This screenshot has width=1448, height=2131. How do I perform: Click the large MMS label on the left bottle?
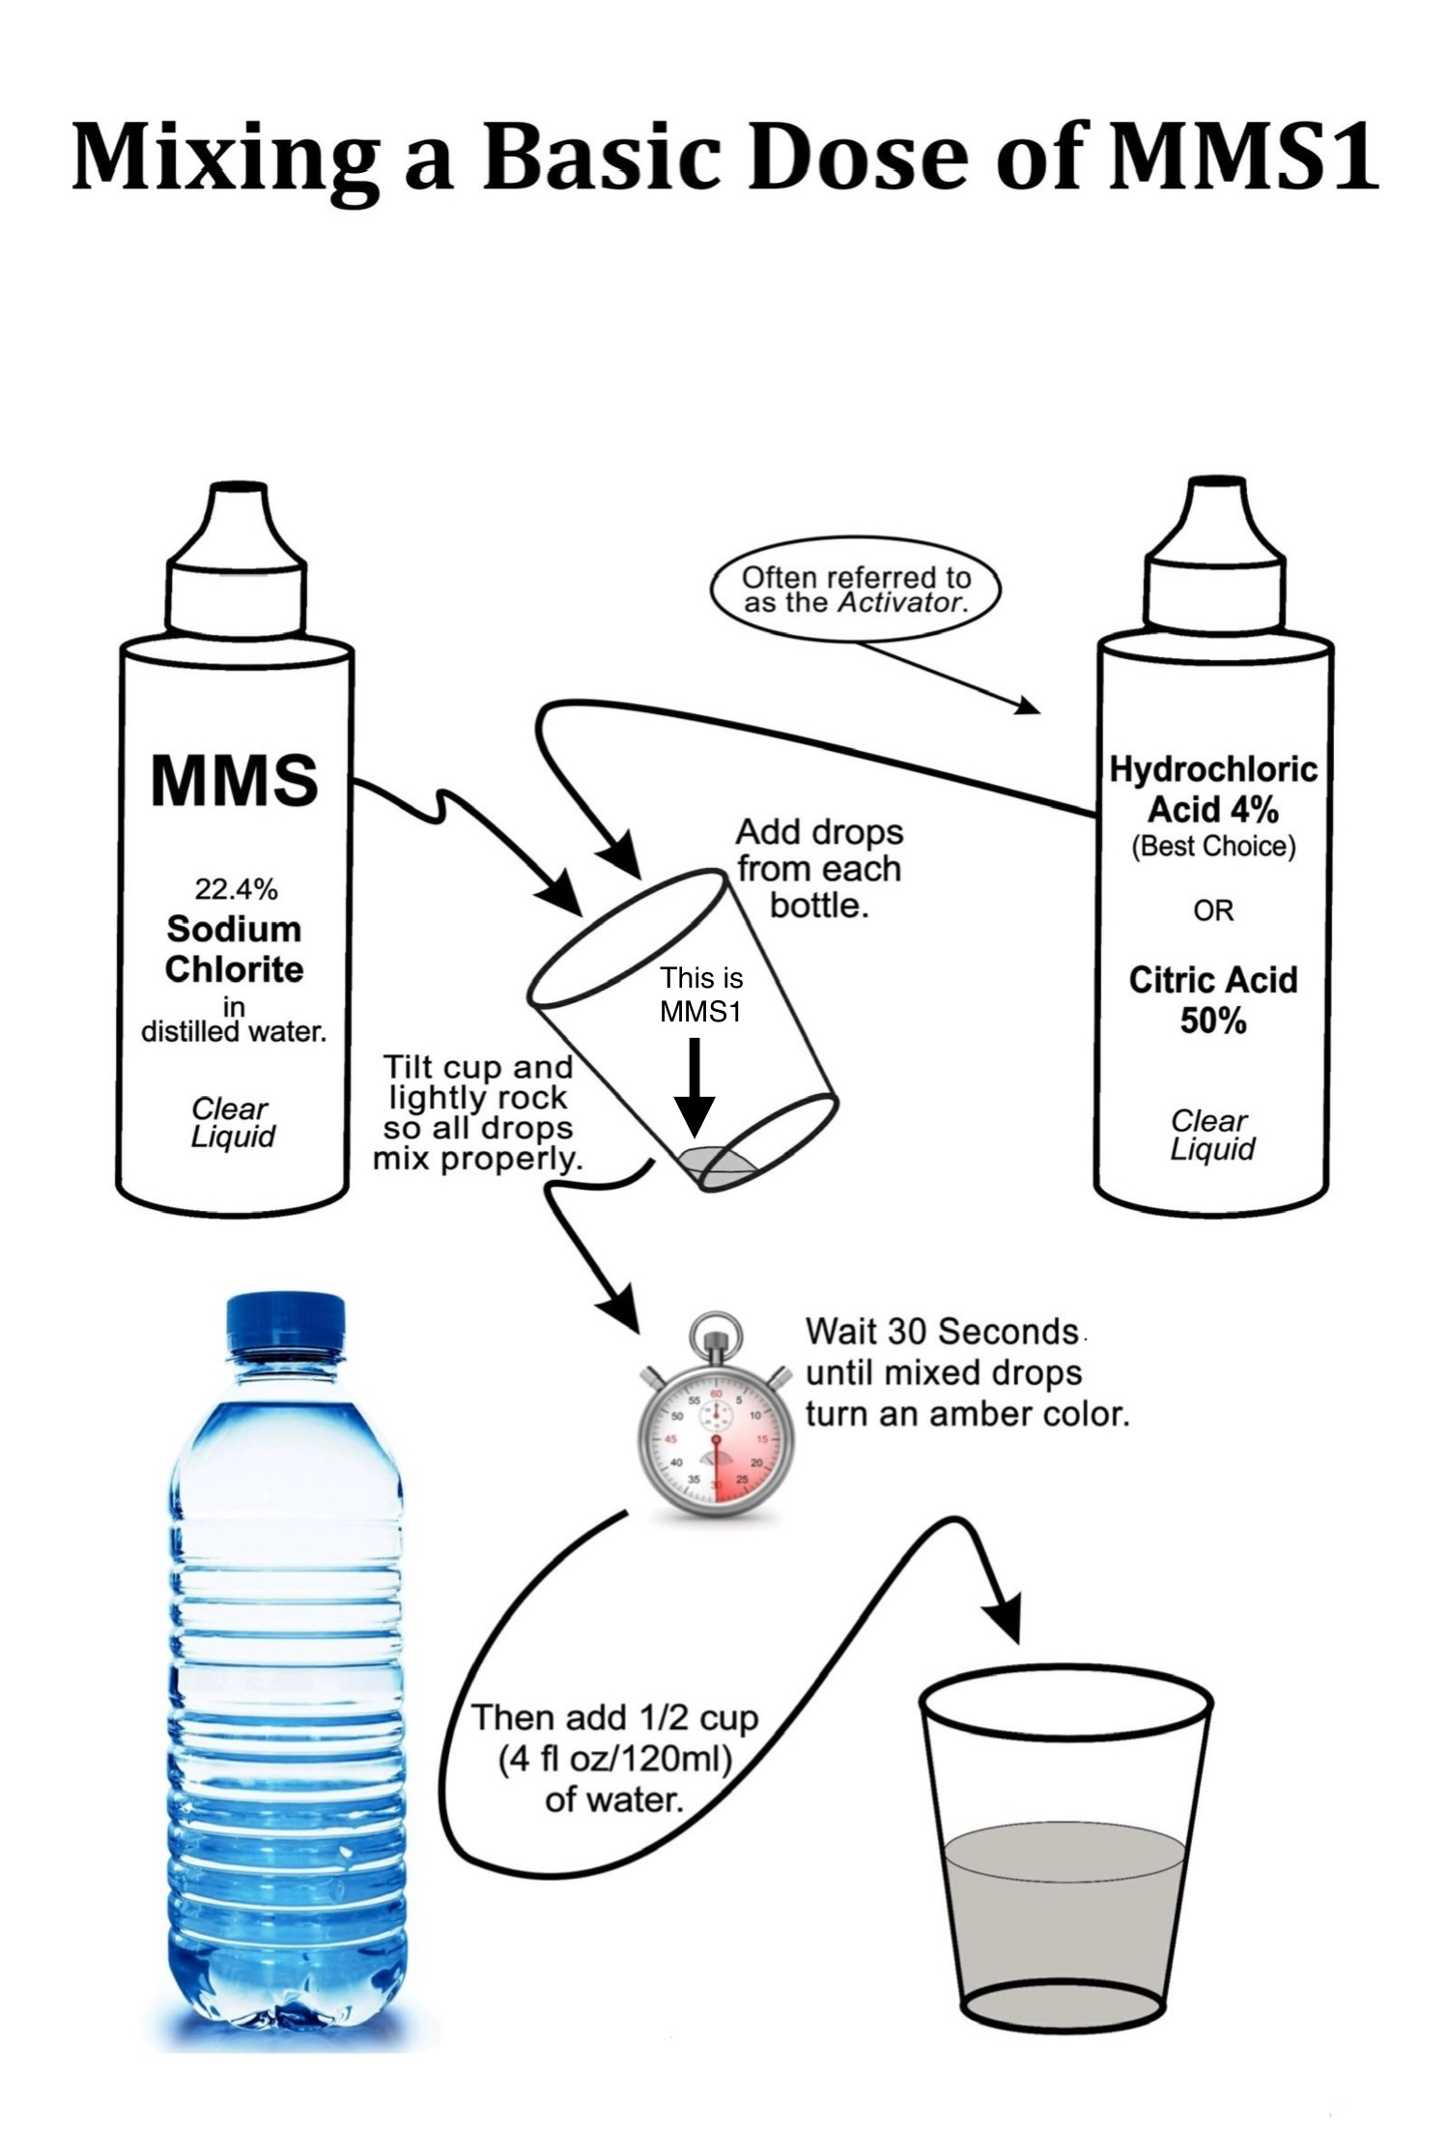[x=235, y=781]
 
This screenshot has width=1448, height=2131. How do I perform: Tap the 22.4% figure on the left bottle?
[x=235, y=886]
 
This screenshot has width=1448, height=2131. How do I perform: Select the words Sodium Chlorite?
[x=235, y=949]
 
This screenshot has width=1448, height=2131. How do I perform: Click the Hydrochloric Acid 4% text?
[x=1212, y=788]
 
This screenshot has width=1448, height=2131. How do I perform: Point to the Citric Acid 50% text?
[x=1212, y=999]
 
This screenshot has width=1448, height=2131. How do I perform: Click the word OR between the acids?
[x=1213, y=910]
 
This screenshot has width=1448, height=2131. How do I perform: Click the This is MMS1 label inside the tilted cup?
[x=701, y=994]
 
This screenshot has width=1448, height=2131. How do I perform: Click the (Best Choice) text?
[x=1213, y=847]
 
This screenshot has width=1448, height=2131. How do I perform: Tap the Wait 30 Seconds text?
[x=942, y=1332]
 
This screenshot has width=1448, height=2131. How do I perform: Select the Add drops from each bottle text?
[x=819, y=868]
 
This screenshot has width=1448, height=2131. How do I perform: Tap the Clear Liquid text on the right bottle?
[x=1211, y=1135]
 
